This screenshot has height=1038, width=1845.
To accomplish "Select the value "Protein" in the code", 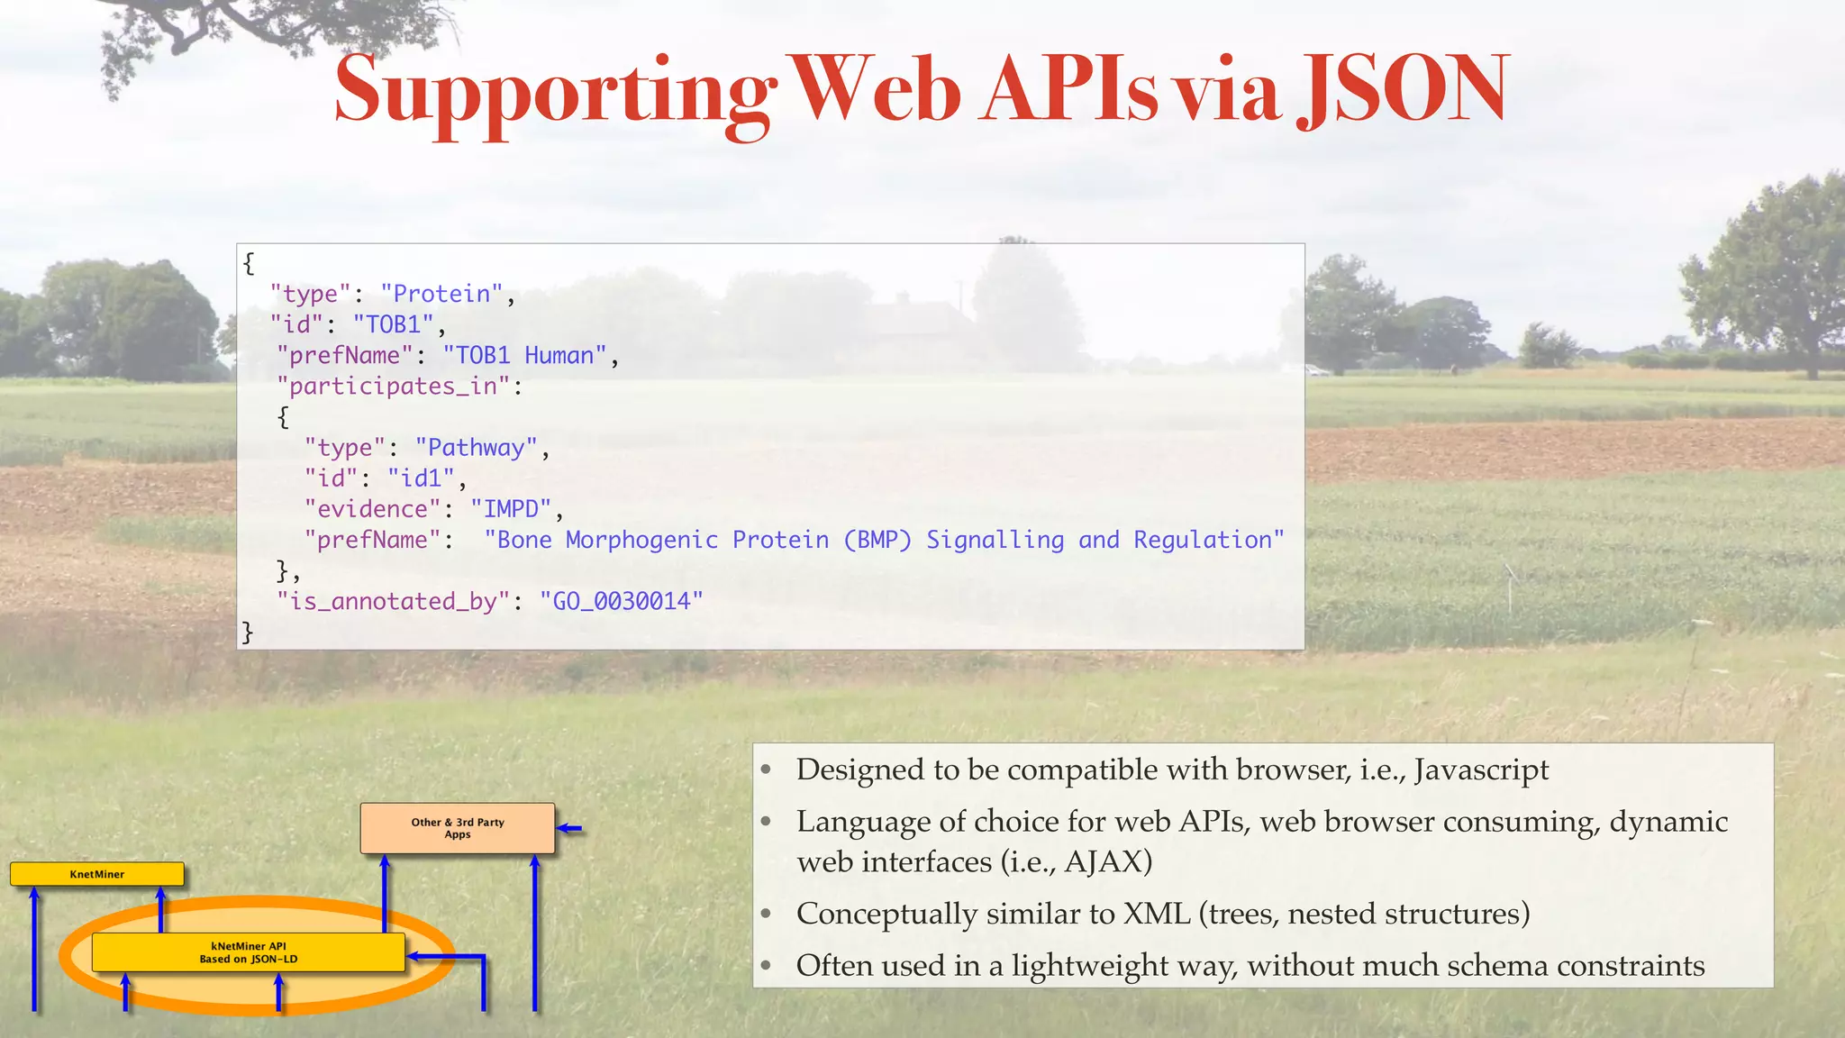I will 441,294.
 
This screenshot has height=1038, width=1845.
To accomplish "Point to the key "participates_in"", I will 394,386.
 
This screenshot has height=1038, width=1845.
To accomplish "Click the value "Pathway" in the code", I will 476,447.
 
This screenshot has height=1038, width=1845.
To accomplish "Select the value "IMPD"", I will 511,508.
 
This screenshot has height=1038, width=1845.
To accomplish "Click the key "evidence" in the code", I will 372,508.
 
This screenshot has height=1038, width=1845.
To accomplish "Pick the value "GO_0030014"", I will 621,601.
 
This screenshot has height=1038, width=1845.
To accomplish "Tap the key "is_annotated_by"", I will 394,601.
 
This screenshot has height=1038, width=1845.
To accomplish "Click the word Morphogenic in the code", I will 641,540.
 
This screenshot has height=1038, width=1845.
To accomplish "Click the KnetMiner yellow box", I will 97,874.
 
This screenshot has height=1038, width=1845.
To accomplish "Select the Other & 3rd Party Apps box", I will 458,828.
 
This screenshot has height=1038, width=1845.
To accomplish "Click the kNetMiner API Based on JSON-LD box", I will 249,952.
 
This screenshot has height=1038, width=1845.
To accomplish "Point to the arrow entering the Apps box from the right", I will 570,828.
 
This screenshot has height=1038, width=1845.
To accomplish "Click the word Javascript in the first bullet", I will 1481,769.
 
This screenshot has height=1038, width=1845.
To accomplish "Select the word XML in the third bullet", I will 1158,914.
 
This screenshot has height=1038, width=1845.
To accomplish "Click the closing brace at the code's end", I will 247,632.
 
